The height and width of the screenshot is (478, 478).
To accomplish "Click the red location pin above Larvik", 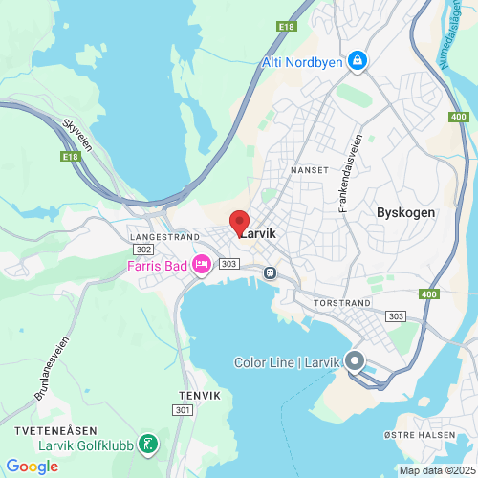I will [240, 220].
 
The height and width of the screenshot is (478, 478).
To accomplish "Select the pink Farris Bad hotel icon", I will [201, 264].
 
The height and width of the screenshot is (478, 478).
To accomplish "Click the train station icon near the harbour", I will [271, 272].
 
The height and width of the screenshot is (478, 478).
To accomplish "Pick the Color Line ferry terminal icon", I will [354, 362].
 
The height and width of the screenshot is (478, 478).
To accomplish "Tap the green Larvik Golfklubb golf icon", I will [148, 443].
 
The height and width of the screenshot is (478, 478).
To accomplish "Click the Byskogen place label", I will [405, 212].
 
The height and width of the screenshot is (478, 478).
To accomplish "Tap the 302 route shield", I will [143, 249].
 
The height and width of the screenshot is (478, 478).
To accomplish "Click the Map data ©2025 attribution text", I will [436, 469].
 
